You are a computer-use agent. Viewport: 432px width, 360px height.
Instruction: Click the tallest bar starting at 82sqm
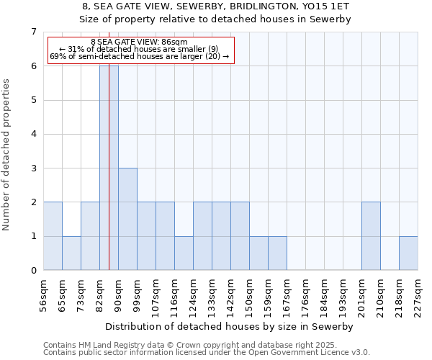pyautogui.click(x=109, y=168)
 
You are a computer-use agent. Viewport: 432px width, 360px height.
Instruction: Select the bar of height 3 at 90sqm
pyautogui.click(x=127, y=219)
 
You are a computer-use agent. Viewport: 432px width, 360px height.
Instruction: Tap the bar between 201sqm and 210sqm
pyautogui.click(x=371, y=236)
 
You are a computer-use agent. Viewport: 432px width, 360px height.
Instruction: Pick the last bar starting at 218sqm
pyautogui.click(x=408, y=253)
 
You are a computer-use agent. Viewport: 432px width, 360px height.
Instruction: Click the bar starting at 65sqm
pyautogui.click(x=71, y=253)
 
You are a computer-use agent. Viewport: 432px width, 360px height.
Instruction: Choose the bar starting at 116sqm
pyautogui.click(x=184, y=253)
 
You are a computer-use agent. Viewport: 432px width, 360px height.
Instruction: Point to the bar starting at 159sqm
pyautogui.click(x=277, y=253)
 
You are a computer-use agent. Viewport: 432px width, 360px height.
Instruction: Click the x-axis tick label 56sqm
pyautogui.click(x=43, y=294)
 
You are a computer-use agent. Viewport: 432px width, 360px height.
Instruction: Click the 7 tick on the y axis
pyautogui.click(x=33, y=32)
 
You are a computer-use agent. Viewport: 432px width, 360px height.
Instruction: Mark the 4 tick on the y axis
pyautogui.click(x=33, y=134)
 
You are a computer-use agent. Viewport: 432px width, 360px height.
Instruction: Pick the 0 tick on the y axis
pyautogui.click(x=33, y=271)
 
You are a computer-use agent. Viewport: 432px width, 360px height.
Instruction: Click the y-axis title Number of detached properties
pyautogui.click(x=7, y=154)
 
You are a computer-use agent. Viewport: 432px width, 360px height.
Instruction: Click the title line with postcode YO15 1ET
pyautogui.click(x=216, y=6)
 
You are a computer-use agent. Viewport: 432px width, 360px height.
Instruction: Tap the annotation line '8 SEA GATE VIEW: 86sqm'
pyautogui.click(x=140, y=42)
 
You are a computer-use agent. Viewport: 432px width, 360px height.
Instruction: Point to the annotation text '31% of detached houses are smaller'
pyautogui.click(x=140, y=49)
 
